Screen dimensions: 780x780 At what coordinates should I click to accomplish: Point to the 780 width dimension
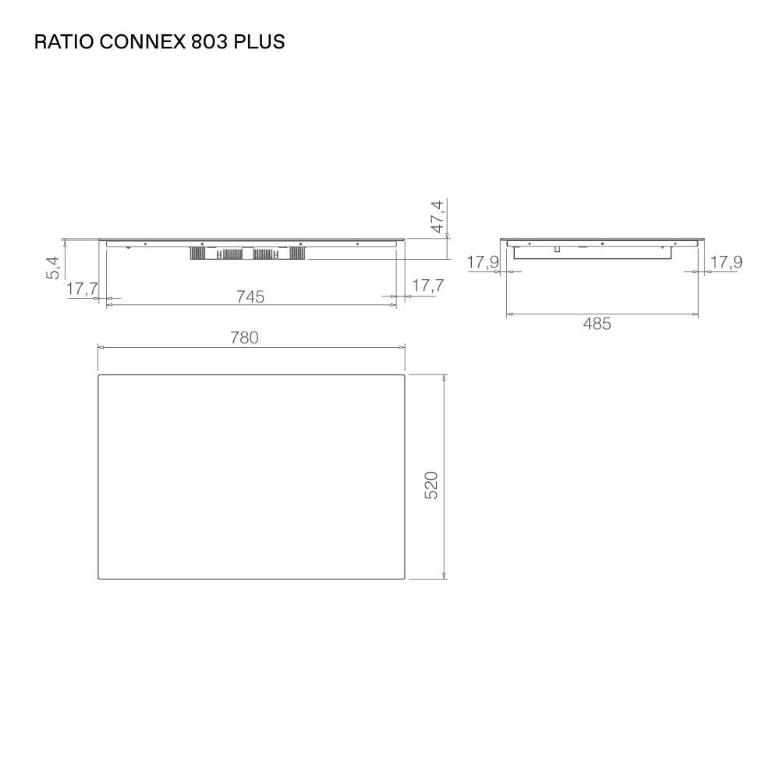[244, 338]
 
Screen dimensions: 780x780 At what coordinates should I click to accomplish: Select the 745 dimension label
[250, 296]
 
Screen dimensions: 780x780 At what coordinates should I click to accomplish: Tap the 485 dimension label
[597, 324]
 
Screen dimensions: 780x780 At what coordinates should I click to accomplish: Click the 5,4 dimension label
[54, 268]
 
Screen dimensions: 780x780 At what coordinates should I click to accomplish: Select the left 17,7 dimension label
[81, 289]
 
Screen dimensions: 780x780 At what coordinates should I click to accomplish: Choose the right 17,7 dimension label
[427, 286]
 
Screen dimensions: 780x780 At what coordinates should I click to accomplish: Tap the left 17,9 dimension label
[483, 263]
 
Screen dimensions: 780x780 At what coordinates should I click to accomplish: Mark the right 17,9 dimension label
[725, 263]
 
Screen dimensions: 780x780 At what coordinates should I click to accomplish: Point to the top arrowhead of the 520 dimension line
[444, 378]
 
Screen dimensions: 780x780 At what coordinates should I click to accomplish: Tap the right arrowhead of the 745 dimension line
[393, 304]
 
